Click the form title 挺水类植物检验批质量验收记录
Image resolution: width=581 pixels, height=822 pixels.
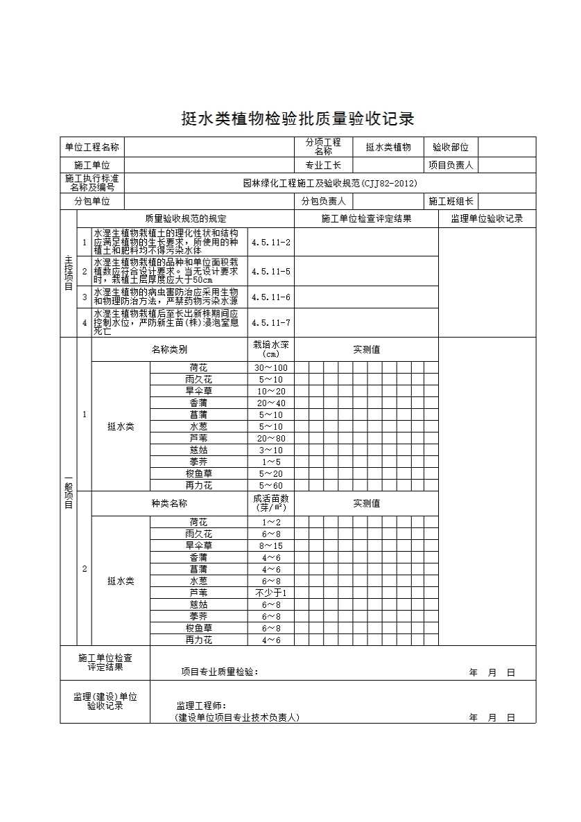(x=297, y=119)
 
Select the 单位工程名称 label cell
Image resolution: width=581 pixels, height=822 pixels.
(x=92, y=147)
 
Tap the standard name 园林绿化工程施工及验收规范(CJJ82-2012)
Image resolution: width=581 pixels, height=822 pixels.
(x=330, y=184)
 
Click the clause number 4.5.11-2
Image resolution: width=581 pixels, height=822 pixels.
(x=271, y=243)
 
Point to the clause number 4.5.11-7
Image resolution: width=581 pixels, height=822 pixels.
(x=271, y=322)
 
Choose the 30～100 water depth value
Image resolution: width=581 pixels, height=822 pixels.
(x=271, y=368)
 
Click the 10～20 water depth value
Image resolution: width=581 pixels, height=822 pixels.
(x=271, y=392)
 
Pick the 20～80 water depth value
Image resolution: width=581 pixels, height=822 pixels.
(x=271, y=439)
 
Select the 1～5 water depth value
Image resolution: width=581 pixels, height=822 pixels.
(x=271, y=462)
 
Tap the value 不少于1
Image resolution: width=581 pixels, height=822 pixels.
(x=271, y=593)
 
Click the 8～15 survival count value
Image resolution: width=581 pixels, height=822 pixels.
(x=271, y=546)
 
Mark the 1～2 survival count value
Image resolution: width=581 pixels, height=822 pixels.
(x=271, y=523)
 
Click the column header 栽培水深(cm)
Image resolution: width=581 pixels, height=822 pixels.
(x=271, y=349)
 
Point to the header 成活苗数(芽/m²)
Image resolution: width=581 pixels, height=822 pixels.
(x=271, y=503)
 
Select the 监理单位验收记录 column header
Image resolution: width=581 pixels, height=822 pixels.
(x=487, y=219)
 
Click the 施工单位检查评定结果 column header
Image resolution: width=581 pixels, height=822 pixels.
(x=366, y=219)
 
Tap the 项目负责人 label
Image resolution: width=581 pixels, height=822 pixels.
(x=451, y=166)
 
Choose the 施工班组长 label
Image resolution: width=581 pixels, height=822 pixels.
(x=451, y=202)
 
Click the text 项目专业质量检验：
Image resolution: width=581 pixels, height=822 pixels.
(x=220, y=672)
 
